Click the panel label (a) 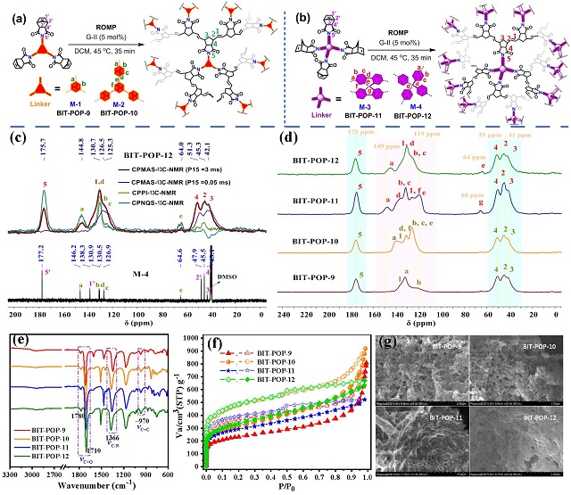point(12,10)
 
